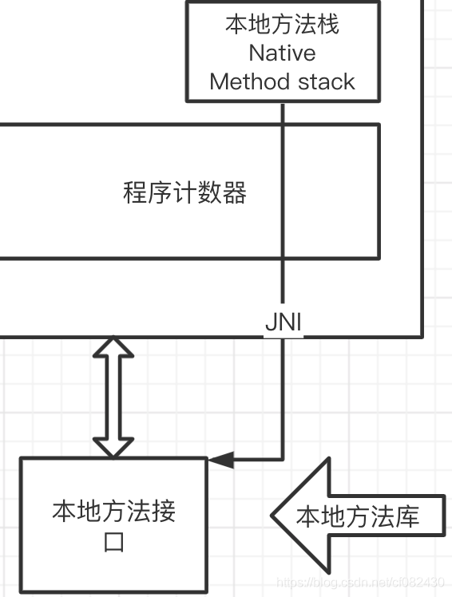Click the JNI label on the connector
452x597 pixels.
[x=283, y=325]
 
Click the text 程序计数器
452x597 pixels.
[x=184, y=193]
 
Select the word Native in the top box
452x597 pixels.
[x=282, y=53]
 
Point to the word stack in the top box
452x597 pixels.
[x=325, y=81]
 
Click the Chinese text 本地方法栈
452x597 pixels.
[x=282, y=25]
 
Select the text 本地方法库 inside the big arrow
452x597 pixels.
[x=358, y=517]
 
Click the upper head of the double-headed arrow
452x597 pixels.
[x=113, y=349]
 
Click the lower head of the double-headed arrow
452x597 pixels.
[x=113, y=447]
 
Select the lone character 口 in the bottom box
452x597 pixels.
[x=113, y=544]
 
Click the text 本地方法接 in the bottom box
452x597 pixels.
[x=113, y=511]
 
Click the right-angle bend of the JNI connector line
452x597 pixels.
[x=283, y=460]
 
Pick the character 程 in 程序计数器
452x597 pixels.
[x=135, y=193]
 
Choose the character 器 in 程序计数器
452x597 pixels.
[x=234, y=193]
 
